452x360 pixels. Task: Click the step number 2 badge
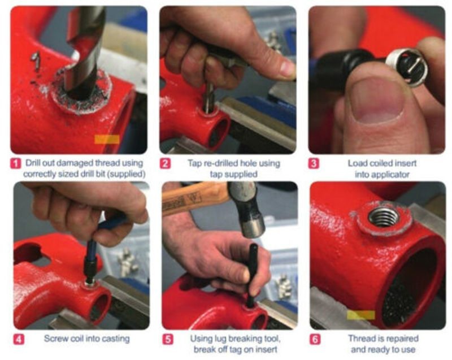tap(165, 164)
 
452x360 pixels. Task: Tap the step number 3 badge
tap(314, 164)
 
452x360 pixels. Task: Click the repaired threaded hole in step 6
tap(384, 216)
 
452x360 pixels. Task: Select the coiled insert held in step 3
tap(407, 66)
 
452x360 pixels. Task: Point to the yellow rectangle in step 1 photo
tap(107, 139)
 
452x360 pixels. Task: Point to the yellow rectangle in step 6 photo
tap(360, 315)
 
